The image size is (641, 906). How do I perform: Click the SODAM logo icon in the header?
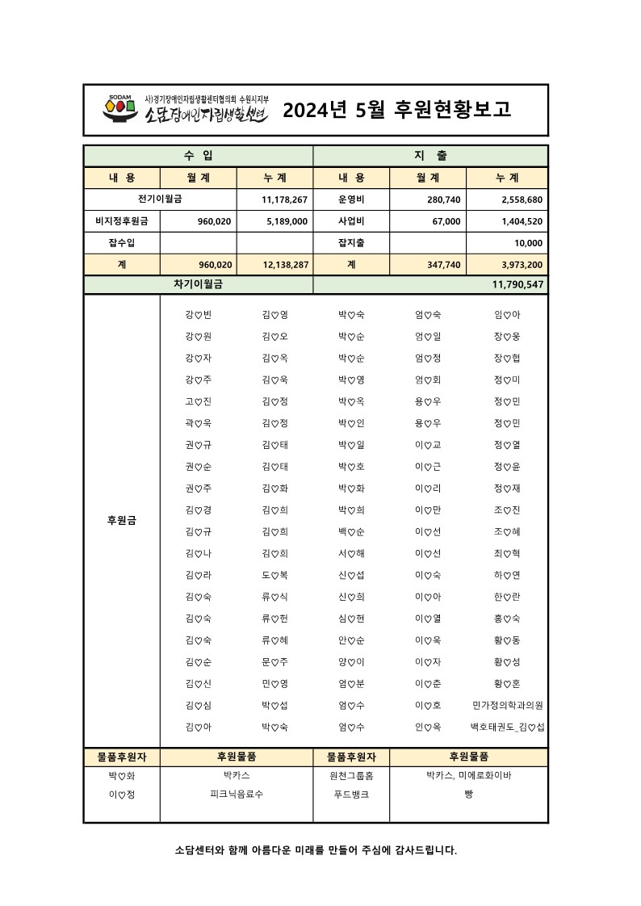click(x=118, y=109)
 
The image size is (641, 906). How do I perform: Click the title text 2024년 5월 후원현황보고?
click(x=396, y=111)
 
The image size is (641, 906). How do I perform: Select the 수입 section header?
click(x=198, y=155)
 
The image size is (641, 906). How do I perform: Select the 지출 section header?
click(x=430, y=155)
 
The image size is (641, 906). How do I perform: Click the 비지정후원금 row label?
click(x=121, y=220)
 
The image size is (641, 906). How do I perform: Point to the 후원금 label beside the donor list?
click(x=121, y=521)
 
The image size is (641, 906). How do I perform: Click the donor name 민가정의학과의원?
click(x=507, y=705)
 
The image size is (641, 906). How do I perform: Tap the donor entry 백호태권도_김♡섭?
click(x=507, y=727)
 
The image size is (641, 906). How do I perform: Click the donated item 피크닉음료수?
click(x=236, y=794)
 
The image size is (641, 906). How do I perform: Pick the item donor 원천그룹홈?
click(x=351, y=775)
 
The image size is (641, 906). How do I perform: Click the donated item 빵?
click(x=468, y=794)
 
